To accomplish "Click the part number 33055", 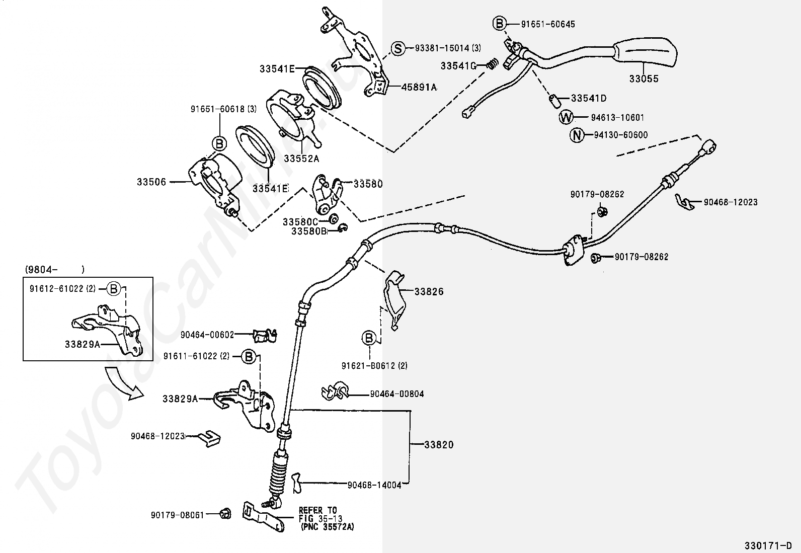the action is coord(644,78).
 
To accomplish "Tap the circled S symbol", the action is coord(397,48).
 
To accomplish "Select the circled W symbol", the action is coord(566,117).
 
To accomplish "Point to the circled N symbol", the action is coord(577,135).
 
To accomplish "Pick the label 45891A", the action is coord(419,87).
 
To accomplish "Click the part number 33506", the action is coord(151,182).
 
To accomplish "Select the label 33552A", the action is coord(301,158).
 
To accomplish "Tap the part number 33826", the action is coord(429,291).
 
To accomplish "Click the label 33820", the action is coord(439,445).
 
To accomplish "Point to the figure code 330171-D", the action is coord(768,545).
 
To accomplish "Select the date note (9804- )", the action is coord(55,269).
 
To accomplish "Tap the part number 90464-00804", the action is coord(397,394).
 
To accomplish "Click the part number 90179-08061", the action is coord(178,515).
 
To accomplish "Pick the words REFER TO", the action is coord(318,510).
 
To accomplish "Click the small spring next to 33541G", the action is coord(493,64).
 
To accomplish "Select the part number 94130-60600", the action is coord(621,135).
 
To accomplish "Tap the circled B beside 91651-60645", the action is coord(500,24).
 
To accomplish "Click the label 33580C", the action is coord(300,222).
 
